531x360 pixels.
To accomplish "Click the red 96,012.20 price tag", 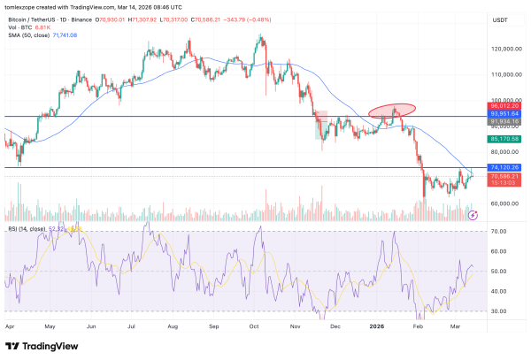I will coord(503,105).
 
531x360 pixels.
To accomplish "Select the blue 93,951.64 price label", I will coord(503,113).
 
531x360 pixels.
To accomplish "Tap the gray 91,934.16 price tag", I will coord(503,121).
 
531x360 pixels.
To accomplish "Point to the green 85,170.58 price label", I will coord(503,139).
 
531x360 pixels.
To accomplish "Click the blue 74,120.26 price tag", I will coord(503,167).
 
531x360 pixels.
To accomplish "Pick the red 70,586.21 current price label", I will coord(503,176).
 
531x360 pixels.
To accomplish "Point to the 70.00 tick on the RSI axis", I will coord(498,232).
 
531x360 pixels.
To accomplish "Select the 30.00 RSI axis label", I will coord(498,311).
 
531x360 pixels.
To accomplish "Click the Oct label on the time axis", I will coord(255,326).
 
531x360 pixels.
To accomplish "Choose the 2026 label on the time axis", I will coord(380,326).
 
